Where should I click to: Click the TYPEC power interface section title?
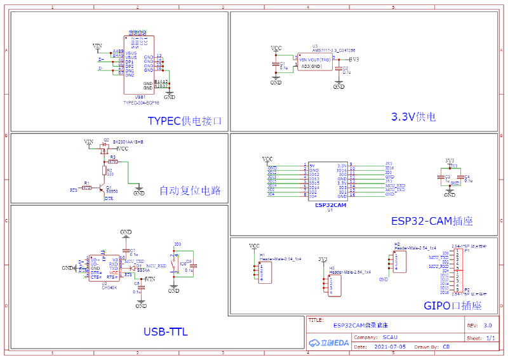[x=185, y=121]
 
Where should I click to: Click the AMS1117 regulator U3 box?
[x=316, y=62]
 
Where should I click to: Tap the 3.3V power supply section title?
[x=413, y=116]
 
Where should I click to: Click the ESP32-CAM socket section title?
[x=432, y=221]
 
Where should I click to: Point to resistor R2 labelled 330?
[x=104, y=170]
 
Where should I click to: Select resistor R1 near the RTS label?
[x=87, y=188]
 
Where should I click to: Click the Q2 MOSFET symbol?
[x=104, y=147]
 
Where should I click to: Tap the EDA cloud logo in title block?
[x=329, y=343]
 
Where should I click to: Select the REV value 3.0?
[x=488, y=324]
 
